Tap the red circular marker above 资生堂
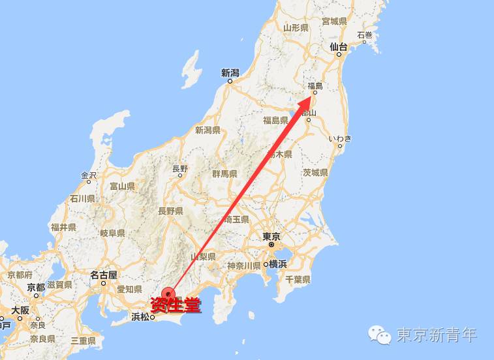point(170,295)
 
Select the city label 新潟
point(231,73)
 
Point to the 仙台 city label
point(339,46)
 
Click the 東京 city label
point(271,236)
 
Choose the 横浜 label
point(278,264)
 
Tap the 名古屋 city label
point(104,275)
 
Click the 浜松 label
point(141,317)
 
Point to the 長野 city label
point(180,169)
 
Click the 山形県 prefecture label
point(296,27)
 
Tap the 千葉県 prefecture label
point(298,279)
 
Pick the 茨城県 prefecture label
point(315,173)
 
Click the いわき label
point(340,138)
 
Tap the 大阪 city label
point(20,310)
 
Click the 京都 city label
point(36,287)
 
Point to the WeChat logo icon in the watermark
point(381,335)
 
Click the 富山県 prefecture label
point(122,187)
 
